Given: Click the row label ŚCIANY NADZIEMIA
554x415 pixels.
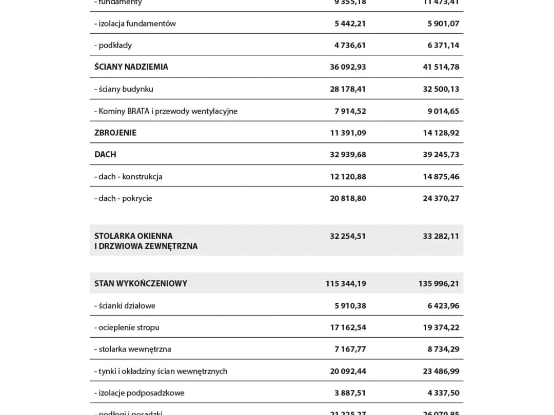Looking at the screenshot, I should pyautogui.click(x=131, y=67).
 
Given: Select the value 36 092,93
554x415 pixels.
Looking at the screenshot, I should pyautogui.click(x=348, y=67).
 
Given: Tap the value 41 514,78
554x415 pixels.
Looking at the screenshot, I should pyautogui.click(x=441, y=67).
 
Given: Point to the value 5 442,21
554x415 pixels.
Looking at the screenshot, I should pyautogui.click(x=350, y=24).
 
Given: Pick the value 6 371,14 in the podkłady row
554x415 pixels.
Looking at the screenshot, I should pyautogui.click(x=443, y=45).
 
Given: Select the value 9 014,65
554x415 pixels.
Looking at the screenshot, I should pyautogui.click(x=443, y=111).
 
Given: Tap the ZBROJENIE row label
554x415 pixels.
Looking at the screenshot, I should pyautogui.click(x=115, y=133).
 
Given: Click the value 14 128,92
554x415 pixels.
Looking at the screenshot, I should pyautogui.click(x=441, y=133).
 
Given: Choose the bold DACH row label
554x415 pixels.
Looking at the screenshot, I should pyautogui.click(x=105, y=154).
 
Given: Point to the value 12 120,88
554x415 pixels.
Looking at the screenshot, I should pyautogui.click(x=348, y=177).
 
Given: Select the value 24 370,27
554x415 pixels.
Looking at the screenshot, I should pyautogui.click(x=441, y=198).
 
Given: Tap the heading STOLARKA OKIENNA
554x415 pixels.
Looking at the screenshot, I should pyautogui.click(x=133, y=236).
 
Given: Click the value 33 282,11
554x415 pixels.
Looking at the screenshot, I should pyautogui.click(x=441, y=236).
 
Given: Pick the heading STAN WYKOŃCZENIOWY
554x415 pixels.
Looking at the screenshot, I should pyautogui.click(x=141, y=283).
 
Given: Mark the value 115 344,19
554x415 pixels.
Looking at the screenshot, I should pyautogui.click(x=346, y=283).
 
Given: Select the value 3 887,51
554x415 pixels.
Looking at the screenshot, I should pyautogui.click(x=350, y=393).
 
